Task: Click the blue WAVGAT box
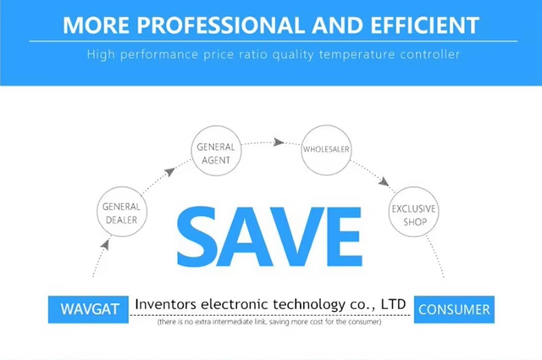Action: [88, 309]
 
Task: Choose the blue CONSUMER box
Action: [454, 309]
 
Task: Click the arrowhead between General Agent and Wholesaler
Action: [279, 141]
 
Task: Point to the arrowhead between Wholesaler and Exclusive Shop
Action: [384, 181]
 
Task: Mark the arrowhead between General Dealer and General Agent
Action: [169, 171]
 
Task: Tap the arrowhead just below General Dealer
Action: [105, 245]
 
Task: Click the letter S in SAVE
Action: [196, 236]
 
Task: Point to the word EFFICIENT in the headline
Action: [425, 25]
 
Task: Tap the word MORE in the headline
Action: [96, 25]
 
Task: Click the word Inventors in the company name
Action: [166, 304]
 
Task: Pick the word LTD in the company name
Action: [393, 304]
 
